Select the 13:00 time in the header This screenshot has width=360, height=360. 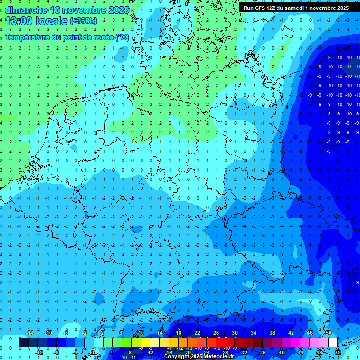pos(18,21)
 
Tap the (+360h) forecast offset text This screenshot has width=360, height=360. pos(83,21)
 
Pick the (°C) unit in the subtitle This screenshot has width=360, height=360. pos(122,37)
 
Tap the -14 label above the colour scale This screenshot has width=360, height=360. pos(29,333)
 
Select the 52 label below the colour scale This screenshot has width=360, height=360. pos(338,352)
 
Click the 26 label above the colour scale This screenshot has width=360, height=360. pos(216,333)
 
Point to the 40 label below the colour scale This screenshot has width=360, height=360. pos(282,352)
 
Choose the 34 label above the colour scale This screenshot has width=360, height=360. pos(254,333)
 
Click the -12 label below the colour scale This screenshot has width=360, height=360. pos(39,352)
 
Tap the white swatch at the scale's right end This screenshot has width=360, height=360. pos(333,343)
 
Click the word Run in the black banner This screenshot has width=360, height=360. pos(248,8)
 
